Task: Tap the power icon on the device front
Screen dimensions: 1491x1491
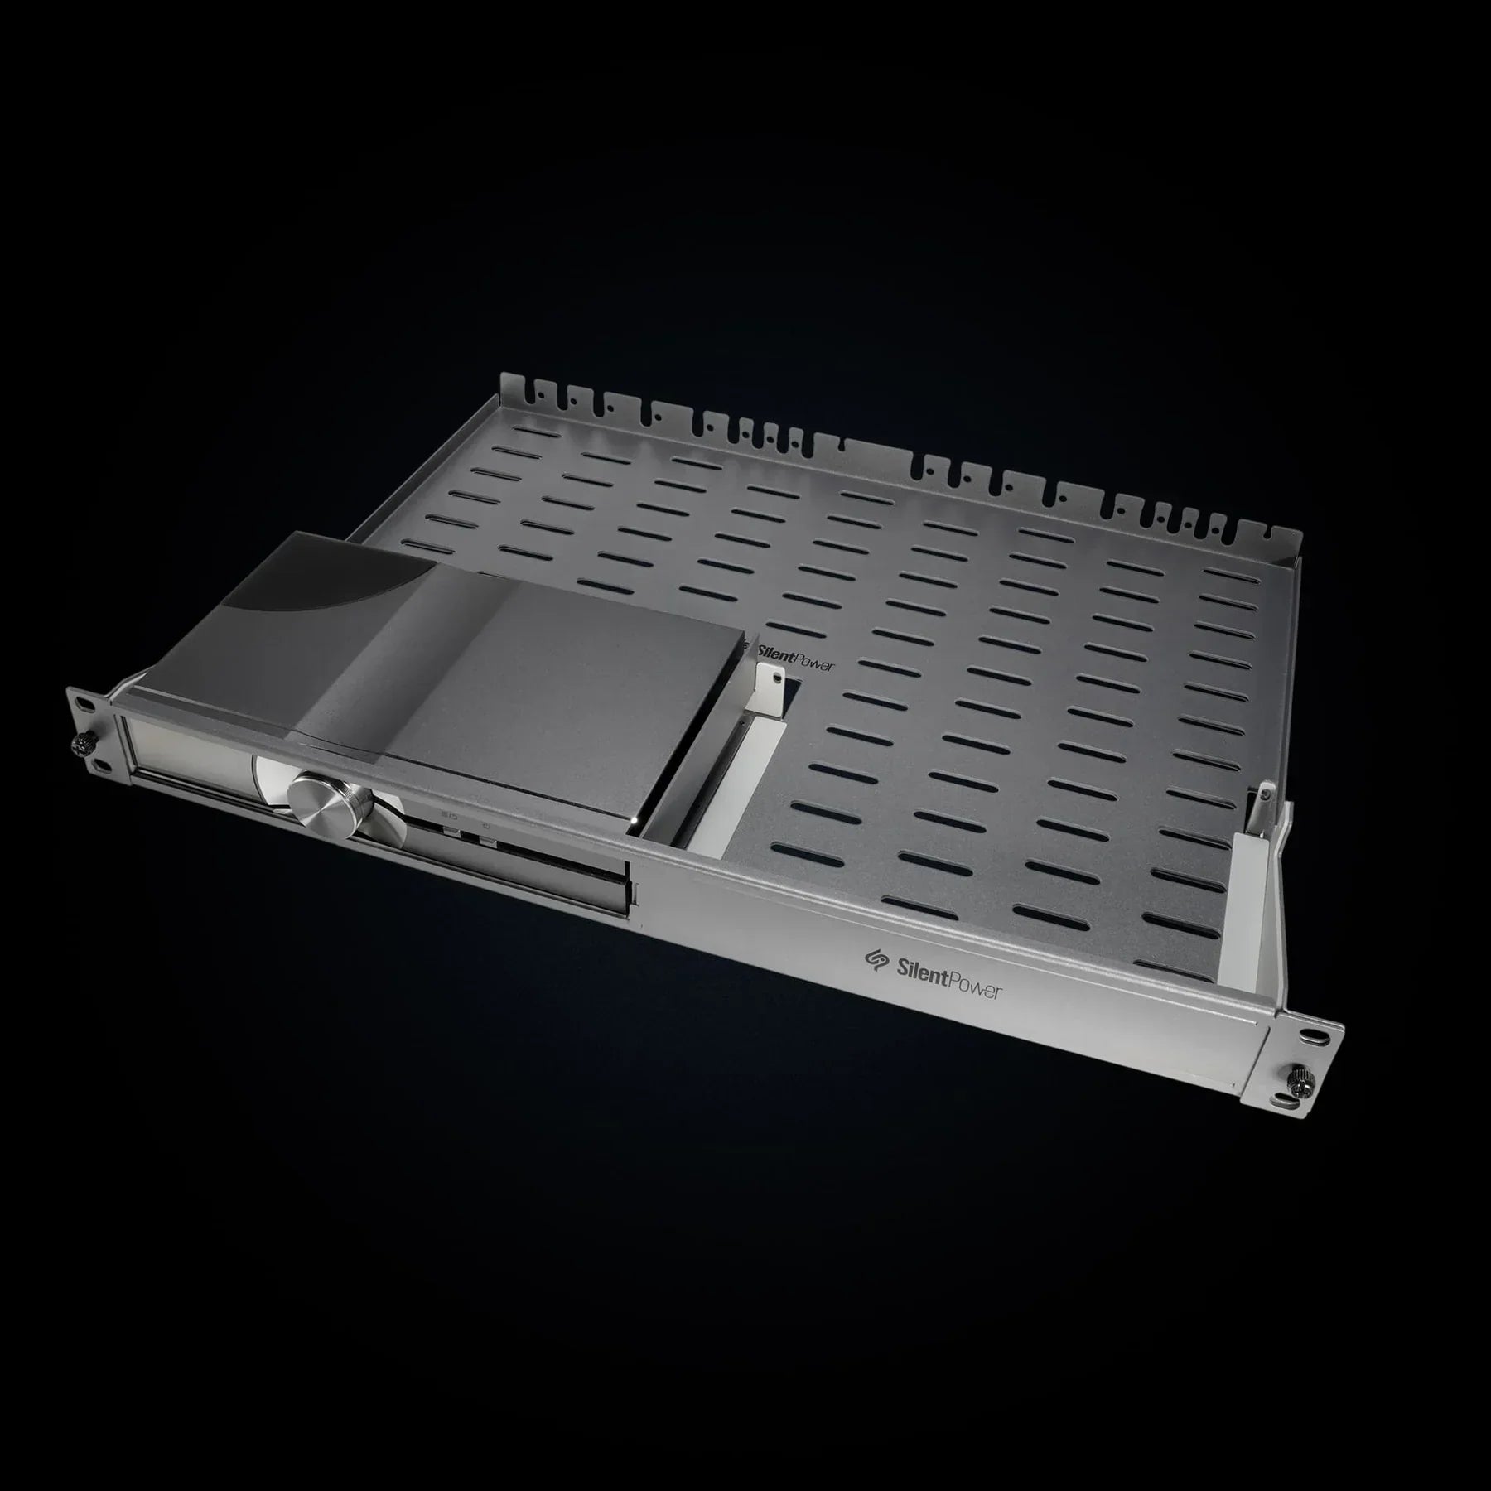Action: point(486,825)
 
